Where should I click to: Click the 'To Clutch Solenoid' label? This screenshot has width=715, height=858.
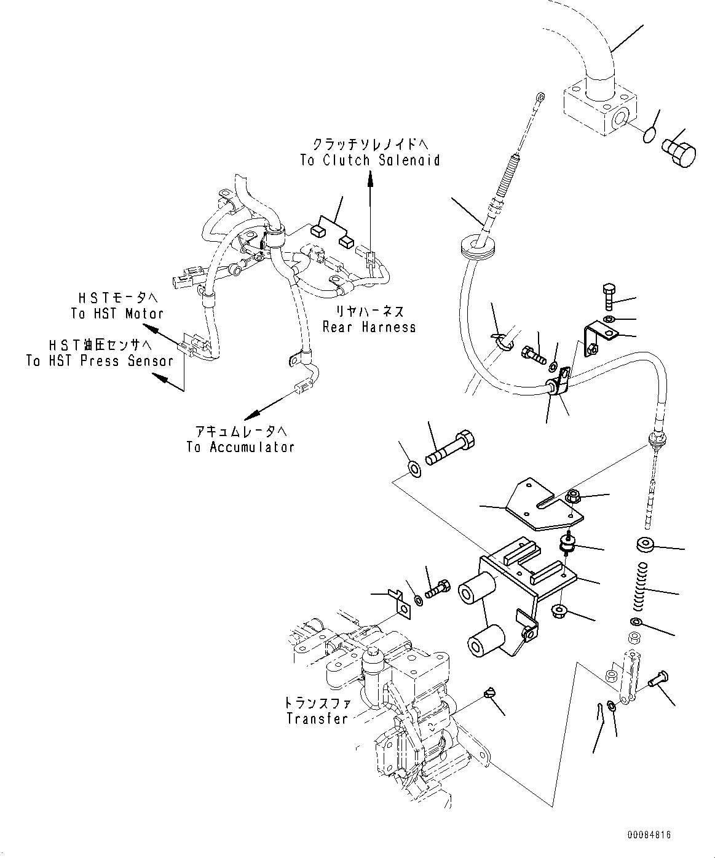click(370, 161)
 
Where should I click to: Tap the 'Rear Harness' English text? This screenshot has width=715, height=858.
click(369, 327)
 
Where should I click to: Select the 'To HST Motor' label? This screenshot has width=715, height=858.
click(117, 314)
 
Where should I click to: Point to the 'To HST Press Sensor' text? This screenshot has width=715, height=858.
click(100, 360)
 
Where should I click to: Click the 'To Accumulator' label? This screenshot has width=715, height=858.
click(240, 447)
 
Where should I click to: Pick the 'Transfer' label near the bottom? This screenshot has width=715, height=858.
click(317, 718)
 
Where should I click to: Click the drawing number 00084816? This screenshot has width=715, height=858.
click(649, 835)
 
